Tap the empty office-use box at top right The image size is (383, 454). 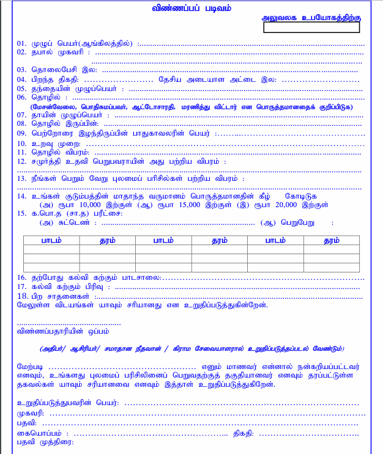pyautogui.click(x=311, y=27)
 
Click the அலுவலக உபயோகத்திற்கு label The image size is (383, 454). pyautogui.click(x=311, y=19)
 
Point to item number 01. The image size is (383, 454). pyautogui.click(x=22, y=43)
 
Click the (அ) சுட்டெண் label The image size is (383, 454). pyautogui.click(x=64, y=224)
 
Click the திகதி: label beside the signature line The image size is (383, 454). pyautogui.click(x=245, y=433)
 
